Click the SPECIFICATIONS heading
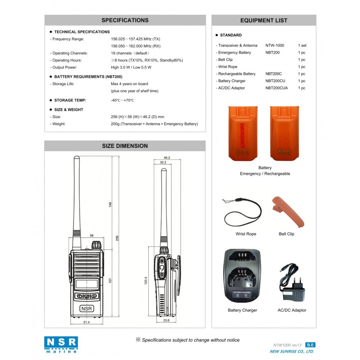click(x=125, y=21)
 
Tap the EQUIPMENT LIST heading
click(x=264, y=21)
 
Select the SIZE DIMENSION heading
click(x=125, y=146)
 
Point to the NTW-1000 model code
click(x=275, y=46)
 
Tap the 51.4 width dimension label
click(x=86, y=322)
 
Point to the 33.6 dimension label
click(x=166, y=320)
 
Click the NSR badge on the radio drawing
click(x=86, y=309)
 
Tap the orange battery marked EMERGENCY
click(x=243, y=133)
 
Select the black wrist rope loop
click(x=242, y=213)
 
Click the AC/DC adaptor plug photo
click(x=292, y=284)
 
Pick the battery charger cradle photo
click(x=242, y=276)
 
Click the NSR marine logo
click(x=61, y=345)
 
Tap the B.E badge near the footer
click(x=310, y=345)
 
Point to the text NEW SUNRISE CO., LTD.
click(x=292, y=351)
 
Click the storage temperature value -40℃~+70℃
click(x=122, y=100)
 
